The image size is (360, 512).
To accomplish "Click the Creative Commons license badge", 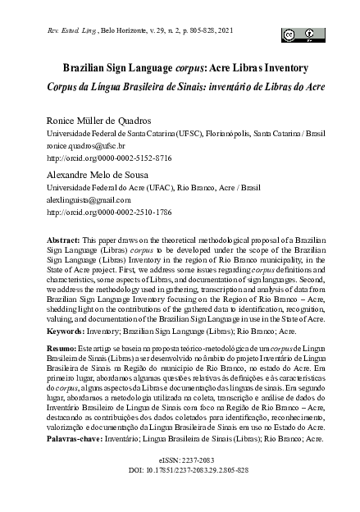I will coord(301,34).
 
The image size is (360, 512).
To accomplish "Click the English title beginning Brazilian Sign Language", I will coord(180,69).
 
